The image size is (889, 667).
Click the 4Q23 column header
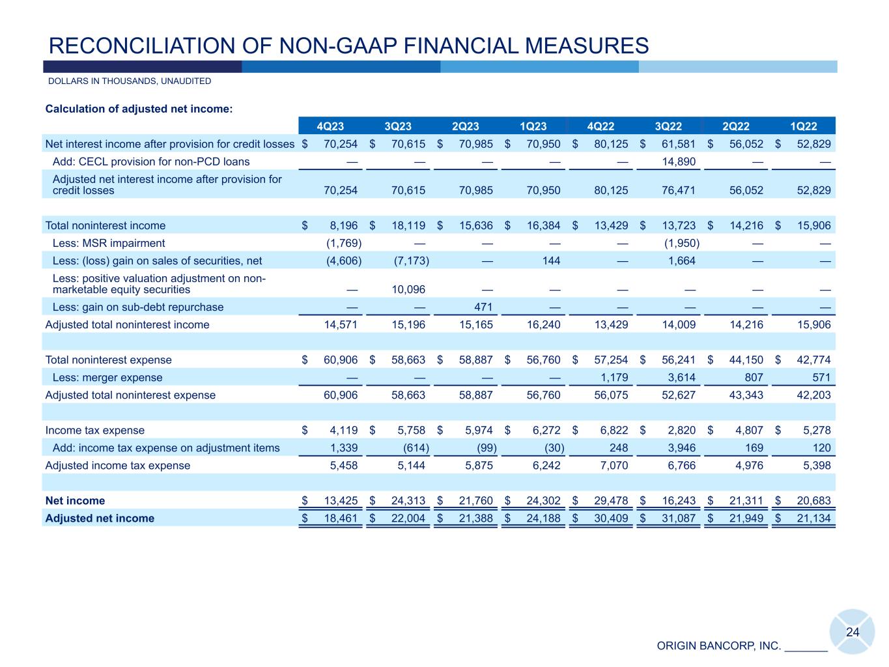point(330,126)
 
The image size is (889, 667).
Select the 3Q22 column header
point(668,126)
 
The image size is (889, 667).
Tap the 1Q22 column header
point(804,126)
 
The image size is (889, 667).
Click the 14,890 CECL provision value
point(679,162)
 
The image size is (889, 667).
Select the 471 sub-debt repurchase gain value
point(483,307)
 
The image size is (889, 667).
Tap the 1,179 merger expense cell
point(614,378)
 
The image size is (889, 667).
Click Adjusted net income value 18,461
point(341,518)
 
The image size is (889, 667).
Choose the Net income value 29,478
point(611,501)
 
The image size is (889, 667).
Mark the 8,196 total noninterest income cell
point(344,225)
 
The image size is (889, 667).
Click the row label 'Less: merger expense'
point(107,378)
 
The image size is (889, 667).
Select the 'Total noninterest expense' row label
point(109,360)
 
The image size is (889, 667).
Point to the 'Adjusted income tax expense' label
point(118,466)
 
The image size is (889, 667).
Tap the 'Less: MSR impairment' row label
point(109,243)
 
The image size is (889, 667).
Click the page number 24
point(853,632)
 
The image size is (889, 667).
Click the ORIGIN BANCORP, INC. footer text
point(718,646)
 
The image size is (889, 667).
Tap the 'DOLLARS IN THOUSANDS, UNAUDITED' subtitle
point(130,81)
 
